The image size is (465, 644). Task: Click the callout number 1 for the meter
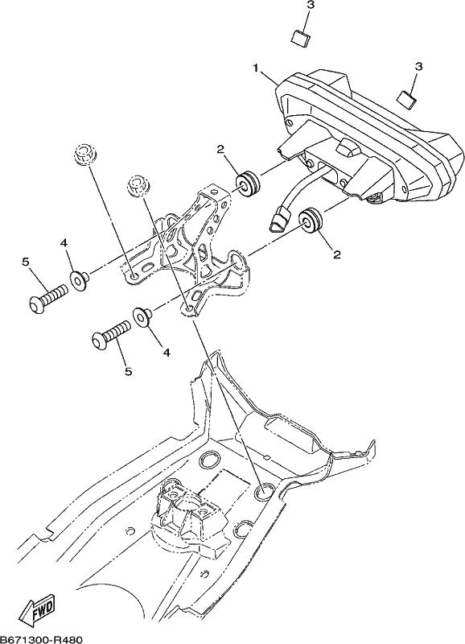(256, 68)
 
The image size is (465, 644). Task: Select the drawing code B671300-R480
(42, 639)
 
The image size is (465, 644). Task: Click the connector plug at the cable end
(281, 217)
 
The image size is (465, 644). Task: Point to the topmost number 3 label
(311, 6)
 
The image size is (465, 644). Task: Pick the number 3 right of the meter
(418, 66)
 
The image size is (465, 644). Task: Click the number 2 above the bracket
(220, 150)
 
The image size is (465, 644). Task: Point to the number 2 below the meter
(336, 255)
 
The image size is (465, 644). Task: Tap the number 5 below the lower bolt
(129, 371)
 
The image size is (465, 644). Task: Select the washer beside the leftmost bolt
(79, 280)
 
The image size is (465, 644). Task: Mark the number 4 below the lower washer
(167, 352)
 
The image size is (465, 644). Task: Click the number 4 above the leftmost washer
(64, 243)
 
